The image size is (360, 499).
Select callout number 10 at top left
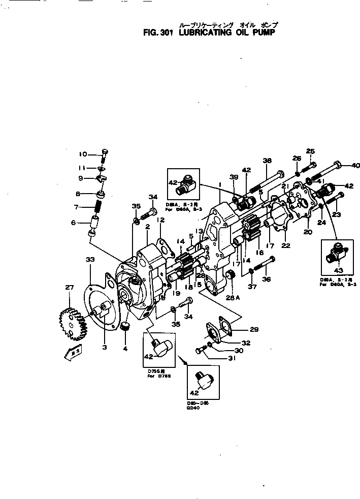[x=83, y=154]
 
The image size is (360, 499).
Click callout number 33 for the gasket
[x=90, y=260]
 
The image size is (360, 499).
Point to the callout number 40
[x=355, y=165]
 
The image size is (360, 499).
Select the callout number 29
[x=254, y=330]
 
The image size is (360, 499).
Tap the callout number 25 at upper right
[x=310, y=150]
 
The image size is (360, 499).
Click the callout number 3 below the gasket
[x=104, y=347]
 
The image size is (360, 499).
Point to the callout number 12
[x=160, y=220]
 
